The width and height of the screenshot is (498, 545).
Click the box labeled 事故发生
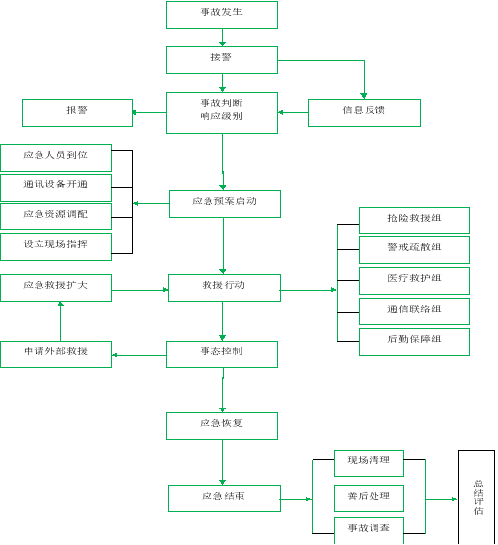(x=221, y=15)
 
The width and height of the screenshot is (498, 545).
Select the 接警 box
(x=221, y=60)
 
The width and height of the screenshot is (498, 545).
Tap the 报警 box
(x=77, y=113)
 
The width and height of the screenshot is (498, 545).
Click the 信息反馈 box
(x=365, y=113)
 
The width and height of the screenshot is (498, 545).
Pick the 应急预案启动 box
(x=224, y=204)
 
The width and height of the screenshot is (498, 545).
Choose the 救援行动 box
(x=224, y=288)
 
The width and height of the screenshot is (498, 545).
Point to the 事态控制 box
(x=221, y=354)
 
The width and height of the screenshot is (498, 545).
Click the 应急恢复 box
(x=221, y=426)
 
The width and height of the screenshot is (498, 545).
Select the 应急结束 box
(x=224, y=499)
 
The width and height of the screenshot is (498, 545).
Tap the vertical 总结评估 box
(x=476, y=498)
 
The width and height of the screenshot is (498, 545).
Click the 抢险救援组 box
(x=414, y=221)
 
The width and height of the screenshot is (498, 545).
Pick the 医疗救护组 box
(x=414, y=281)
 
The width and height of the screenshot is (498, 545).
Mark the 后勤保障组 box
(x=414, y=342)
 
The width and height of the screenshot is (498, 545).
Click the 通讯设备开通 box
(x=55, y=188)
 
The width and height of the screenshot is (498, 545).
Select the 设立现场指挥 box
(x=55, y=247)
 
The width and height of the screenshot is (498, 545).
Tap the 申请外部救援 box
(x=55, y=354)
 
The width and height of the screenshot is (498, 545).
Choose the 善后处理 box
(x=369, y=499)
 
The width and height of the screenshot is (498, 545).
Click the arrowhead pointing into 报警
(x=134, y=113)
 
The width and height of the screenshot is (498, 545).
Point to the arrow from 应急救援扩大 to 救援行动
(x=139, y=290)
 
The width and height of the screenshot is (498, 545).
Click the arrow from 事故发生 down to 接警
(x=222, y=38)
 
